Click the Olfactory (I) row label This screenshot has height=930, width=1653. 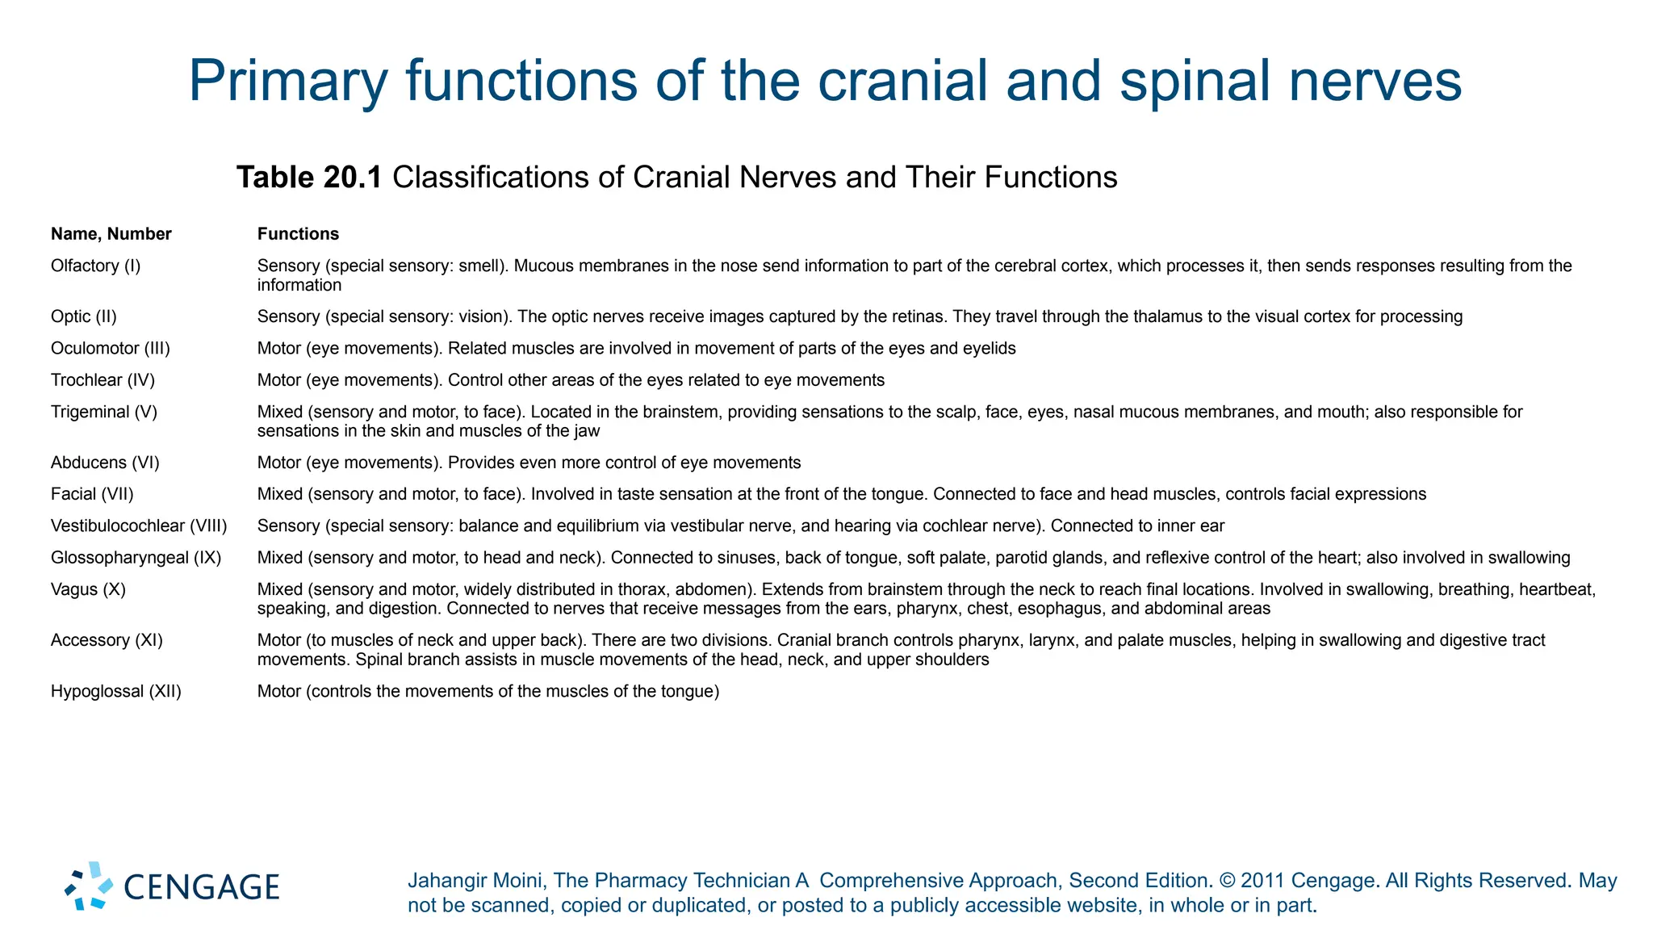pyautogui.click(x=95, y=266)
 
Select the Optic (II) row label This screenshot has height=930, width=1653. pyautogui.click(x=83, y=316)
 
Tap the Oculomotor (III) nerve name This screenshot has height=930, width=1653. pyautogui.click(x=110, y=348)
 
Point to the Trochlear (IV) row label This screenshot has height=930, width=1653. pyautogui.click(x=103, y=379)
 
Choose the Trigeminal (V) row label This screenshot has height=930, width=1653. pyautogui.click(x=103, y=412)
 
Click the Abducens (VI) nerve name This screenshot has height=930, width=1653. pyautogui.click(x=105, y=463)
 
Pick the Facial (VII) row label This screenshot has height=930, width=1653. pyautogui.click(x=92, y=494)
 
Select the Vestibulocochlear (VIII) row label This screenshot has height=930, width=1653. pyautogui.click(x=139, y=526)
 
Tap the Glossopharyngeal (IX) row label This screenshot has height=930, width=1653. pyautogui.click(x=136, y=557)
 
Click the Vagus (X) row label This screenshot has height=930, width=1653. pyautogui.click(x=88, y=589)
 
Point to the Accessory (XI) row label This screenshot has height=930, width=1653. pyautogui.click(x=107, y=640)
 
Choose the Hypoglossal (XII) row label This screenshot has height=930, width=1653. pyautogui.click(x=115, y=691)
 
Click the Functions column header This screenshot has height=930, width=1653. pyautogui.click(x=298, y=234)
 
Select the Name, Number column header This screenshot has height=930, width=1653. pyautogui.click(x=111, y=234)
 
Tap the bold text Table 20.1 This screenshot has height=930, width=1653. pyautogui.click(x=309, y=177)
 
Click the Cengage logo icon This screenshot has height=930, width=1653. pyautogui.click(x=89, y=886)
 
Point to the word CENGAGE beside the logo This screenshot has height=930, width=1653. pyautogui.click(x=202, y=887)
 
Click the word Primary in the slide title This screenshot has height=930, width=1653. pyautogui.click(x=287, y=81)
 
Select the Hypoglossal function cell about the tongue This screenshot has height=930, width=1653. pyautogui.click(x=488, y=691)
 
